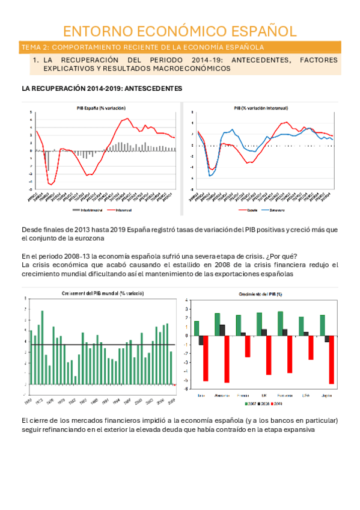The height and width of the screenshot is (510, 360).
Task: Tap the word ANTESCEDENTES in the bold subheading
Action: [153, 88]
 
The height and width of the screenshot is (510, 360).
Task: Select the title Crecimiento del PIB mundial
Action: [102, 293]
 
